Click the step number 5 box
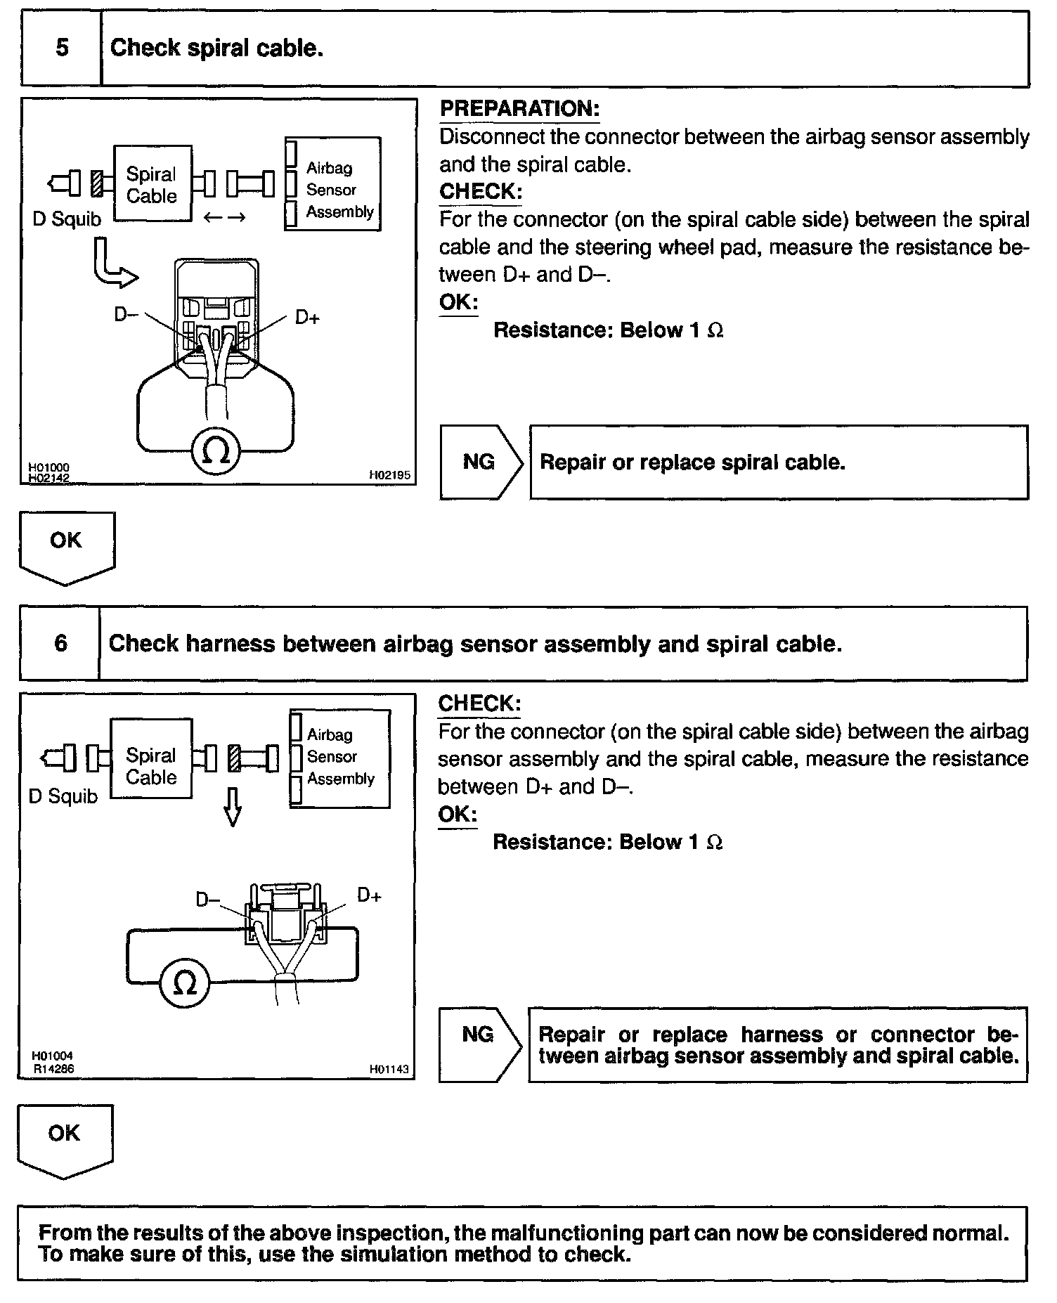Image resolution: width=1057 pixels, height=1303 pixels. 62,48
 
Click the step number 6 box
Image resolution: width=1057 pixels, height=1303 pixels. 60,643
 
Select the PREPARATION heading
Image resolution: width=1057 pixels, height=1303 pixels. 519,109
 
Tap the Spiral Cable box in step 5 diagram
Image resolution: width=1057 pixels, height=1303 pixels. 152,184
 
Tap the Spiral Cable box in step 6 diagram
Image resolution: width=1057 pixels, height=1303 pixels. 151,766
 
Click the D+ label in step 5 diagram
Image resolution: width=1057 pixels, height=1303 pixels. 307,318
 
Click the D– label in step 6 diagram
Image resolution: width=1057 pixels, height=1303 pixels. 207,899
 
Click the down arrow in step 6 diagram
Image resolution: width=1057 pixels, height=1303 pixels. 233,806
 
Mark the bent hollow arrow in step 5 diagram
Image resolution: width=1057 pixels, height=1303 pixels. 112,266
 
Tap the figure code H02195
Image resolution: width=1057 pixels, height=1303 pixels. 389,476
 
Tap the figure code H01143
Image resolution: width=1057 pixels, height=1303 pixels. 389,1070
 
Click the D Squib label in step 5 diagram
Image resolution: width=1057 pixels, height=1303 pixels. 67,219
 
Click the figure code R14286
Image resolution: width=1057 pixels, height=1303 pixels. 53,1069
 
